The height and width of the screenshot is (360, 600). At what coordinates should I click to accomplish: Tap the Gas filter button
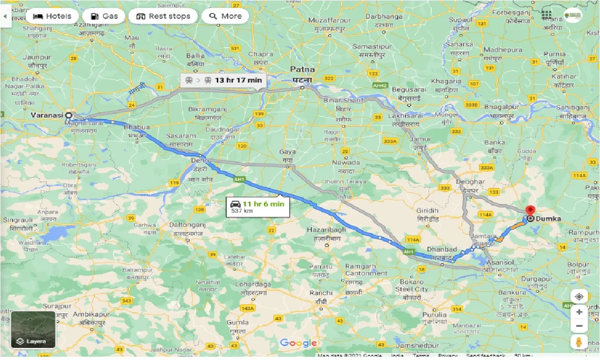pyautogui.click(x=104, y=16)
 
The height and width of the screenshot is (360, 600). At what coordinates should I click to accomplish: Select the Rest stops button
pyautogui.click(x=163, y=16)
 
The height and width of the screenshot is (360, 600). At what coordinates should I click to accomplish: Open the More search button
pyautogui.click(x=225, y=16)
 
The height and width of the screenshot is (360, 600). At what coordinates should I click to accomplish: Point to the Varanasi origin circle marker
pyautogui.click(x=69, y=115)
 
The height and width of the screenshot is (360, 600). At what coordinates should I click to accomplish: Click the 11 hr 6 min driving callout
pyautogui.click(x=257, y=206)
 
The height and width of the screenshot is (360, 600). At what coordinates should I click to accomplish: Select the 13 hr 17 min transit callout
pyautogui.click(x=223, y=80)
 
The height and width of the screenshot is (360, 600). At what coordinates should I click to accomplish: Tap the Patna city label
pyautogui.click(x=302, y=69)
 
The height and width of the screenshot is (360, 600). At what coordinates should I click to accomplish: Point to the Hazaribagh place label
pyautogui.click(x=326, y=230)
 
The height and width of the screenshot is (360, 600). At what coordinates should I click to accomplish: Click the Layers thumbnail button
pyautogui.click(x=33, y=330)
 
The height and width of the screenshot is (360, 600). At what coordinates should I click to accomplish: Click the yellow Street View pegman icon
pyautogui.click(x=579, y=342)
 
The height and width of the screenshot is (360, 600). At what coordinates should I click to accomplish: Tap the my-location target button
pyautogui.click(x=579, y=297)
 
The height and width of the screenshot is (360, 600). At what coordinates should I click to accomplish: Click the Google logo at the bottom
pyautogui.click(x=298, y=343)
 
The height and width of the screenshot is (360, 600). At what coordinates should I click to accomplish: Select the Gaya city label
pyautogui.click(x=287, y=152)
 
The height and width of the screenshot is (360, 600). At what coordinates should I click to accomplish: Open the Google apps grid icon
pyautogui.click(x=547, y=15)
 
